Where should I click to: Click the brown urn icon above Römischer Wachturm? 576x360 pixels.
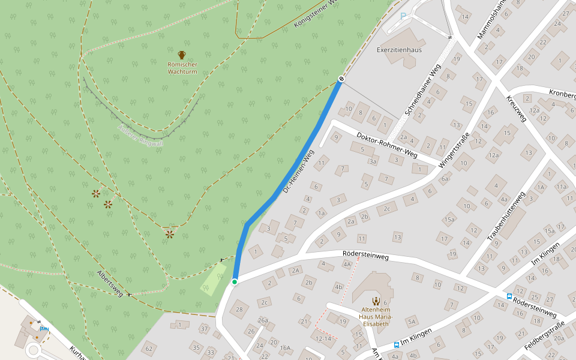point(182,55)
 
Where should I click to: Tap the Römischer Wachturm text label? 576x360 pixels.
point(182,68)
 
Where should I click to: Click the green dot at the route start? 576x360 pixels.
point(235,281)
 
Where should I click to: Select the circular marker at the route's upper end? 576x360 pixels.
point(341,79)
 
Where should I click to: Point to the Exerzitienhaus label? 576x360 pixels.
point(399,49)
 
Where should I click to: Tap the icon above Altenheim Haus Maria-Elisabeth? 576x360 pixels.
point(376,301)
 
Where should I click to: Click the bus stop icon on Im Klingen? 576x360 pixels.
point(397,344)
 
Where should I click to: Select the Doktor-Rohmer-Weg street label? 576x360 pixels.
point(386,145)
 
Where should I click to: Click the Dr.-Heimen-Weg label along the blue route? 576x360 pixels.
point(298,172)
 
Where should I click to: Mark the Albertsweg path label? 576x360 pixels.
point(110,283)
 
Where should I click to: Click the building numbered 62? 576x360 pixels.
point(149,348)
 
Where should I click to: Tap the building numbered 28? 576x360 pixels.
point(239,310)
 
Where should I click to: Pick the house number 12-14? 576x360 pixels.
point(323,339)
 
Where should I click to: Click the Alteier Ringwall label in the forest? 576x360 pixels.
point(141,136)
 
